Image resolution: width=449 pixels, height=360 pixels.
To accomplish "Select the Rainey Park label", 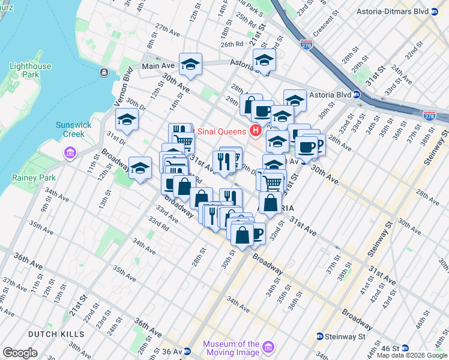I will [x=34, y=178].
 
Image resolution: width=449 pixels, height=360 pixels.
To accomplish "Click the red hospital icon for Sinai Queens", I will [x=256, y=130].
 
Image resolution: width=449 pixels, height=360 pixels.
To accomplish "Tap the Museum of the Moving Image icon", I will [x=268, y=348].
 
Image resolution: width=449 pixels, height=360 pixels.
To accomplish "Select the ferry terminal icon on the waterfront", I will [x=104, y=72].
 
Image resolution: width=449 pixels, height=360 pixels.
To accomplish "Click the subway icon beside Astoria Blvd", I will [x=356, y=95].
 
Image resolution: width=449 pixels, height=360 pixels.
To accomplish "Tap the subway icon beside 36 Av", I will [x=187, y=352].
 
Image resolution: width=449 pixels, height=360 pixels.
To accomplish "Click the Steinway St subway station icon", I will [x=320, y=337].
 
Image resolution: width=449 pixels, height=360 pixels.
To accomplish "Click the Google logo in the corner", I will [x=20, y=353].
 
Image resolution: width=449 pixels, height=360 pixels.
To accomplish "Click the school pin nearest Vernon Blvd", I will [x=127, y=120].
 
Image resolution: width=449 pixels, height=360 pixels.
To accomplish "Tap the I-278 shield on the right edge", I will [x=429, y=116].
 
